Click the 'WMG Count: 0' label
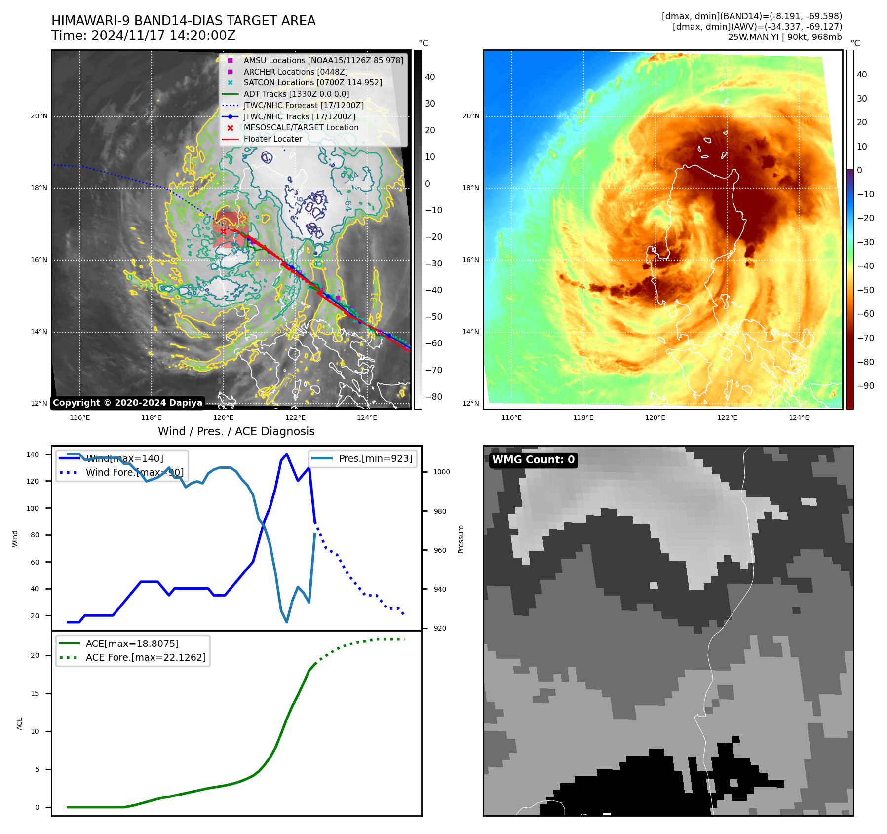[533, 460]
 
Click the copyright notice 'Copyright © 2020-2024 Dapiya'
[127, 403]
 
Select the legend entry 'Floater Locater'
[272, 139]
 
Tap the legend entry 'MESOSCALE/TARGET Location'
[301, 128]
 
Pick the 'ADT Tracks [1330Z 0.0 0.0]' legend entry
[296, 94]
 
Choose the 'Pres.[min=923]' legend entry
[375, 458]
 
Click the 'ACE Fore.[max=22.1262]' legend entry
[146, 657]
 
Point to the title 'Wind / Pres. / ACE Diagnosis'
[236, 431]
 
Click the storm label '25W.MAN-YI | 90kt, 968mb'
[785, 37]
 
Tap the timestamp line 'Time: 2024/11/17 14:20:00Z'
[143, 36]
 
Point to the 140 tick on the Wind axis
[32, 455]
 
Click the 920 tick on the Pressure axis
[439, 628]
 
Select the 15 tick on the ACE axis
[35, 693]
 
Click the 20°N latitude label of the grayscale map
[39, 116]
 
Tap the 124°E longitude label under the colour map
[799, 417]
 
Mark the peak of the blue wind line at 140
[287, 454]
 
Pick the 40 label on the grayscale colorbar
[430, 77]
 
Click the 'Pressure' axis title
[461, 539]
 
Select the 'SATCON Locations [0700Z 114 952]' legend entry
[312, 83]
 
